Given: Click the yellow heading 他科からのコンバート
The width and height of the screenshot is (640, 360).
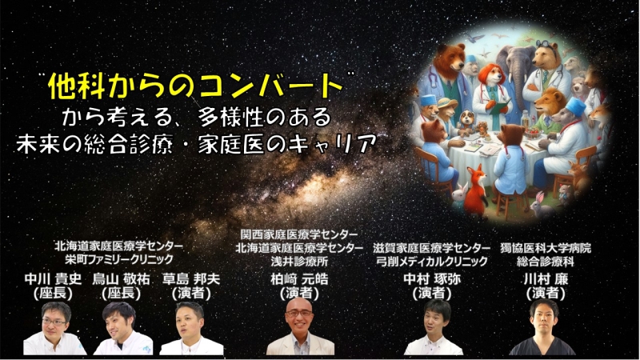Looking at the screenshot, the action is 195,86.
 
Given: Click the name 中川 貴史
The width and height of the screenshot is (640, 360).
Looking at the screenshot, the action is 53,279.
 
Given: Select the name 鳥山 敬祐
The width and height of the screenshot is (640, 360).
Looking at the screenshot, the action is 122,279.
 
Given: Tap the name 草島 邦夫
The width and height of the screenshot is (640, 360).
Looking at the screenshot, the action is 191,279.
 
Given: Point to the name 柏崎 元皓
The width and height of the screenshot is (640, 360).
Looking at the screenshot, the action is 299,279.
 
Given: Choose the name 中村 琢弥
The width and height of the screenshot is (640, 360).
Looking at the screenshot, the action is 432,279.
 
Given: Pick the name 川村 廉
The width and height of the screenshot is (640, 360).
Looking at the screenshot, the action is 546,279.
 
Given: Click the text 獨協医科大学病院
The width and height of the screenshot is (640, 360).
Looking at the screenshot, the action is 546,248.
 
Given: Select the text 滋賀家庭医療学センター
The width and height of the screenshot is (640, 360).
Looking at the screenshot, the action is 431,248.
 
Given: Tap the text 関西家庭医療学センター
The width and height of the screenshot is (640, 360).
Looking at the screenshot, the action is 299,234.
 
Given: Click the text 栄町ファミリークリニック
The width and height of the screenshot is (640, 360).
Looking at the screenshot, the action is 119,259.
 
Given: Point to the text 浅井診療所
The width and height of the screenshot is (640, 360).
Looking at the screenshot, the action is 299,261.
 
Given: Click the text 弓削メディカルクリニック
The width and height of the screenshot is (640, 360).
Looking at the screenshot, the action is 432,261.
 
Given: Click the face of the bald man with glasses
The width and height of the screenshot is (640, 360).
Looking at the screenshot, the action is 299,314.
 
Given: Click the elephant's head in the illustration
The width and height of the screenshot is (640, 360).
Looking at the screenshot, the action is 516,67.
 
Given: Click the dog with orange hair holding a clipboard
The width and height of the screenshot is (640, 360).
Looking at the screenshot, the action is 492,92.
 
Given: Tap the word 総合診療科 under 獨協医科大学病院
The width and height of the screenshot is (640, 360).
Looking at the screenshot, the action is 546,261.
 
